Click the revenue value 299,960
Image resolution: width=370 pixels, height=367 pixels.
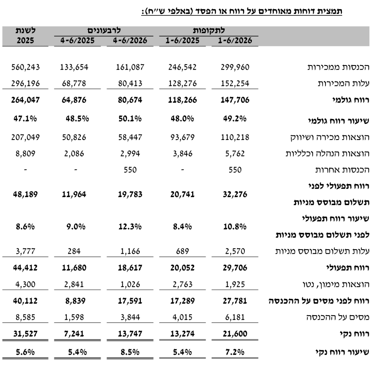tap(235, 67)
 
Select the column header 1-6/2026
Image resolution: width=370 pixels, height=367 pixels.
tap(235, 40)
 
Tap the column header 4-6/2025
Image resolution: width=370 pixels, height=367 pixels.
tap(77, 40)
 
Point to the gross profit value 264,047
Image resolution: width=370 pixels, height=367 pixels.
tap(25, 100)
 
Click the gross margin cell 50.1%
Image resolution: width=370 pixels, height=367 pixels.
tap(130, 118)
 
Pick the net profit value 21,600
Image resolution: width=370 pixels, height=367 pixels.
tap(235, 334)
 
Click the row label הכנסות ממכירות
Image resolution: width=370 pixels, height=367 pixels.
tap(338, 67)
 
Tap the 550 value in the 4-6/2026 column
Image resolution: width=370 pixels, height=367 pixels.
tap(130, 170)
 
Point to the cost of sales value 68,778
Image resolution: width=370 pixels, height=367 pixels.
tap(74, 83)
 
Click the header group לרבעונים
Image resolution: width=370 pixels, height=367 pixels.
tap(104, 31)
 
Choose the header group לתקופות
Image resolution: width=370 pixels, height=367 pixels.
tap(209, 31)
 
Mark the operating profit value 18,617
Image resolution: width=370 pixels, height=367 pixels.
tap(130, 268)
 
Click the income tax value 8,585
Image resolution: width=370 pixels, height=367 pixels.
tap(25, 317)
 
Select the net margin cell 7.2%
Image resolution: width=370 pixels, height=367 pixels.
tap(235, 352)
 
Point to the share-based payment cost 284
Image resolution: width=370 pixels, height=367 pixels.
tap(74, 251)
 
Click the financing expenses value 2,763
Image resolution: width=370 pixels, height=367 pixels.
tap(183, 284)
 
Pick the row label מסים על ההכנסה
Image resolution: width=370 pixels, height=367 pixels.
tap(338, 317)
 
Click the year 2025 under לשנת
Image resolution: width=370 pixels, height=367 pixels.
tap(25, 40)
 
